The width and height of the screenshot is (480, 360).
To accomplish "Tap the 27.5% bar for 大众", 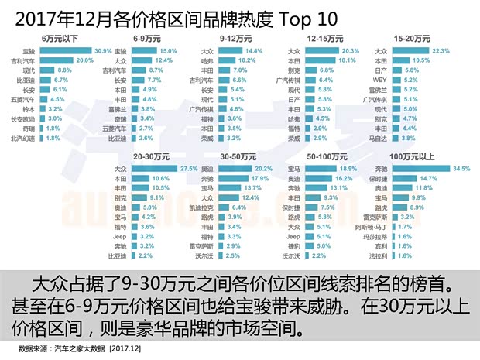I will [x=156, y=167].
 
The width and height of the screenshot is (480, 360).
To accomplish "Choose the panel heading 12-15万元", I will [x=324, y=36].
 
